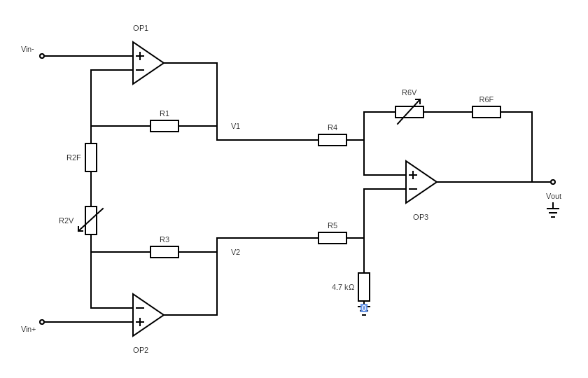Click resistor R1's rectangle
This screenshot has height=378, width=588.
(x=164, y=126)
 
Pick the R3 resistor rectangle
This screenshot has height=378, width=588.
(x=164, y=252)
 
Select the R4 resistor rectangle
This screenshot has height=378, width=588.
(x=332, y=140)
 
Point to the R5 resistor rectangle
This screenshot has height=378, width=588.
(x=332, y=238)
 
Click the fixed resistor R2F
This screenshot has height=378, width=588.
(x=91, y=157)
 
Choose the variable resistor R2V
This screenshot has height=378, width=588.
(x=91, y=220)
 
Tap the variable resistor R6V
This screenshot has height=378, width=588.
(x=409, y=112)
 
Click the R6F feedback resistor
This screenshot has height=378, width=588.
(x=486, y=112)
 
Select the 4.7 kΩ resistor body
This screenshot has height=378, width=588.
(x=364, y=287)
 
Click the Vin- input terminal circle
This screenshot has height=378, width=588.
(x=42, y=56)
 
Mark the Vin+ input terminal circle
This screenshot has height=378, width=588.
(x=42, y=322)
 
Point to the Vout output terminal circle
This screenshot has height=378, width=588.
(x=553, y=182)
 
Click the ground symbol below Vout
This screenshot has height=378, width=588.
(x=553, y=211)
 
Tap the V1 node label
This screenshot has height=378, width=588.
(x=236, y=126)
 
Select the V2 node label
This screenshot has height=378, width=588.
(x=236, y=252)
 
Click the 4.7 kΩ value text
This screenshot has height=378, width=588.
(x=343, y=287)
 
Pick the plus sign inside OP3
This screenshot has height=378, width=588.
(x=413, y=175)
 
